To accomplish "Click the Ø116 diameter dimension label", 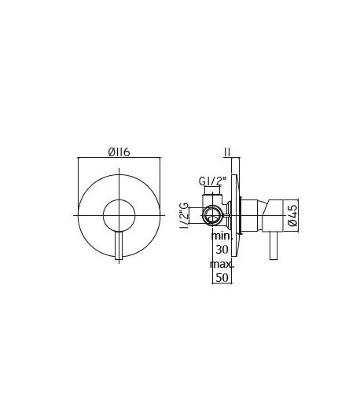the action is (x=119, y=152).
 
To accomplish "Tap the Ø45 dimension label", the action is (x=292, y=215).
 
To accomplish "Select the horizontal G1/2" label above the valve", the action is (x=212, y=181).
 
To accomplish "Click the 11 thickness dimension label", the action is (x=227, y=152).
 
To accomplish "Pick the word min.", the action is (x=222, y=236).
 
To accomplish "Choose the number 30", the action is (x=222, y=250).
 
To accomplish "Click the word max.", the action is (x=222, y=265).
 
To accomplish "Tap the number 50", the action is (x=222, y=278).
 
